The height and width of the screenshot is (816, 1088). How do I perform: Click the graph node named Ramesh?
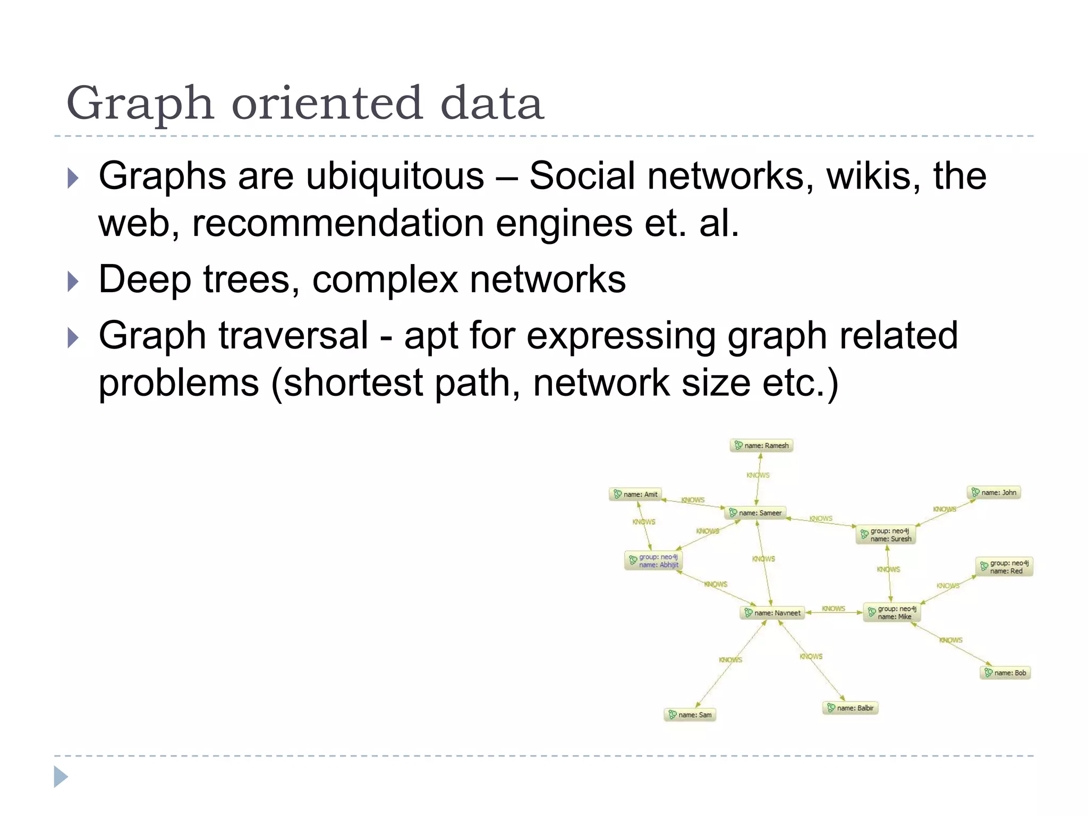pos(761,446)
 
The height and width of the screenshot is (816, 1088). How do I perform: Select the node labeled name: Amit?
pos(635,495)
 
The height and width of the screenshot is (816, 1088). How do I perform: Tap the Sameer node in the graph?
pos(755,513)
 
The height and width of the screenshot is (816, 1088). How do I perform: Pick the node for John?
pos(993,493)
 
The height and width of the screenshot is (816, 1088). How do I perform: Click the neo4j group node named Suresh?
pos(886,535)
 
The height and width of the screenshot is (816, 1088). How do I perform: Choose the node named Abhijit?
pos(653,561)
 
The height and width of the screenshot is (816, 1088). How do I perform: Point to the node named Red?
pos(1005,567)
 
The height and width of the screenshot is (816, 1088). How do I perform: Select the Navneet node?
pos(772,613)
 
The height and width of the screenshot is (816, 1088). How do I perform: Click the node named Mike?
pos(892,613)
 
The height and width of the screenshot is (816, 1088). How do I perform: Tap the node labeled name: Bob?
pos(1005,673)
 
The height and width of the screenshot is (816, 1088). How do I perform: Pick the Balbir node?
pos(850,708)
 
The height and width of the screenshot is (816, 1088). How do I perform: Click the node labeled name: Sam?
pos(690,715)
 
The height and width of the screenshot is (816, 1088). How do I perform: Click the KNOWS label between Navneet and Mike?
pos(834,609)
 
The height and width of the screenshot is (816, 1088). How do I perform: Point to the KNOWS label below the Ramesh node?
pos(758,475)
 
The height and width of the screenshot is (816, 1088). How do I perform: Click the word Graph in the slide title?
pos(140,105)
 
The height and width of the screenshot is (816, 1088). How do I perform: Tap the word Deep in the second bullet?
pos(144,280)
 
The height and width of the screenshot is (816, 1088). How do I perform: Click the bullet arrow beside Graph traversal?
pos(73,338)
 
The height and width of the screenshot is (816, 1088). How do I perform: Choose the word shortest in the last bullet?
pos(353,384)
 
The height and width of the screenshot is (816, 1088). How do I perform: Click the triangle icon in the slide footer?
pos(61,777)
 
